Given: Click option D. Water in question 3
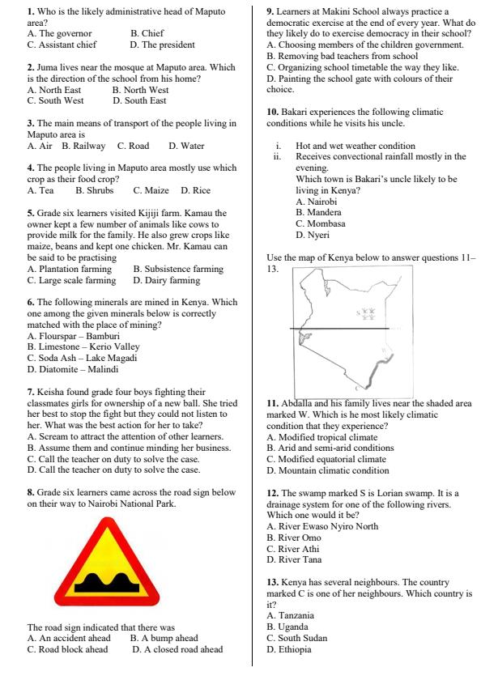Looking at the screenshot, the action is (x=186, y=146).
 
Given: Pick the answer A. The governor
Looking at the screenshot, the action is (x=60, y=34).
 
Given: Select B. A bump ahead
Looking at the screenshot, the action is (x=164, y=638).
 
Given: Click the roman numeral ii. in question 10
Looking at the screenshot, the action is (x=279, y=157).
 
